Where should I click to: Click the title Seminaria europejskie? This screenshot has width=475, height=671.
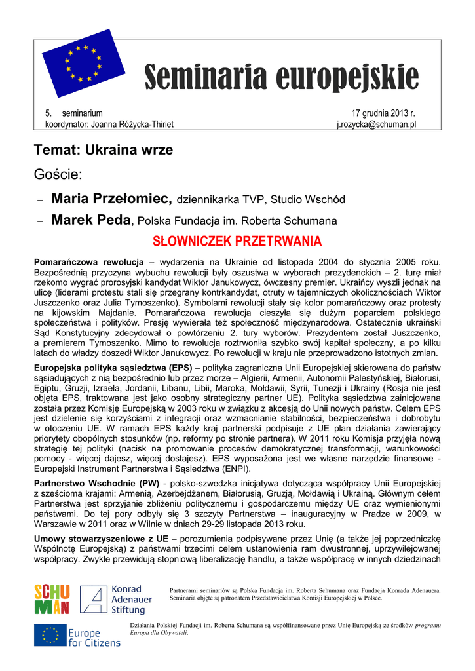(281, 78)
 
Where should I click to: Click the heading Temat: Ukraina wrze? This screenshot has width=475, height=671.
(104, 150)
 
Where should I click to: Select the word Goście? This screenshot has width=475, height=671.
(58, 174)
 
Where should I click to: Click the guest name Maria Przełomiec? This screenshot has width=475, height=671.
(111, 199)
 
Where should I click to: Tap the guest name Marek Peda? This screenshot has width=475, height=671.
(91, 220)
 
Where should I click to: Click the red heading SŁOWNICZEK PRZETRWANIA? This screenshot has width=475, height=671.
(237, 240)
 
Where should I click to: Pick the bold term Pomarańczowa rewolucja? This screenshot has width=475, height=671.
(88, 261)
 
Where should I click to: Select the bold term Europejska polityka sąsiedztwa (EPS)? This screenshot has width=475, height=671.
(113, 368)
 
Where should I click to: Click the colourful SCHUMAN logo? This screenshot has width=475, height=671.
(52, 600)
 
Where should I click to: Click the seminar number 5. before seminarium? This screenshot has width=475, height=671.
(48, 113)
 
